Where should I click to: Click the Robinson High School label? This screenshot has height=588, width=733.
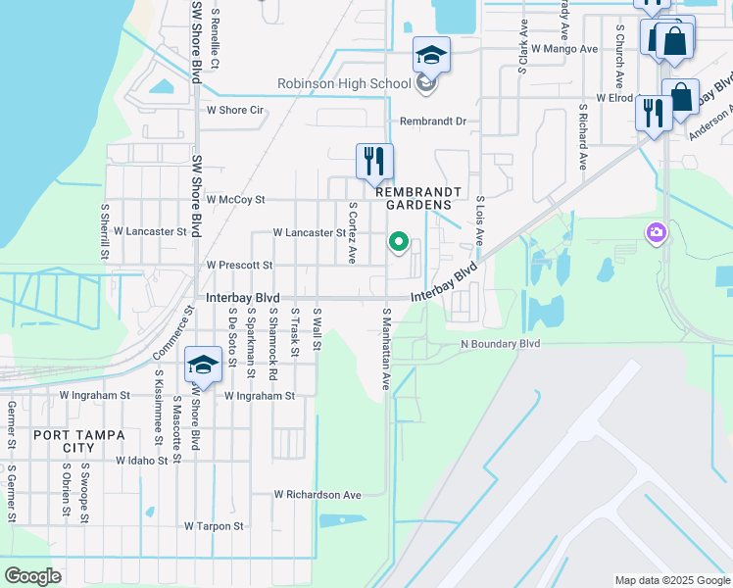(344, 84)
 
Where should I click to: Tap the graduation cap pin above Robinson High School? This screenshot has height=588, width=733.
(430, 55)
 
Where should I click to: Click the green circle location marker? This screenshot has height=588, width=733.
(399, 241)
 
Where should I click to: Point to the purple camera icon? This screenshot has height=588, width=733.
(656, 233)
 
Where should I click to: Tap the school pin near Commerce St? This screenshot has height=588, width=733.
(203, 367)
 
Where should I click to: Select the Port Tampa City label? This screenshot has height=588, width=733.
(64, 441)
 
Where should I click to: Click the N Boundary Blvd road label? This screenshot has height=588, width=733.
(501, 345)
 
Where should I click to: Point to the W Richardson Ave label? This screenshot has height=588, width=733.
(318, 495)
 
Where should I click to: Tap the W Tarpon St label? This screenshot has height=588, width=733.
(214, 526)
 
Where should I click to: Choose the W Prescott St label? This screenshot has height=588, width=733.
(239, 266)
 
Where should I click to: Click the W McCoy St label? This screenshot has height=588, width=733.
(235, 200)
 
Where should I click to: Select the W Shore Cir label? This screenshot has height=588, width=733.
(235, 110)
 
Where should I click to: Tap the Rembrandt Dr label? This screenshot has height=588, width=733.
(433, 122)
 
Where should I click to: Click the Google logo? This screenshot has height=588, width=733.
(32, 576)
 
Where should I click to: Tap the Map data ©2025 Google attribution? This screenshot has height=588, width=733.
(671, 580)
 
